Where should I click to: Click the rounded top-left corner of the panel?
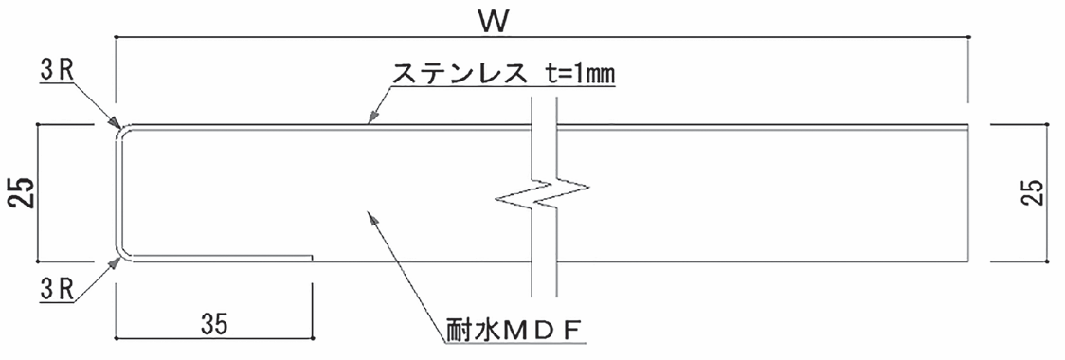(x=119, y=130)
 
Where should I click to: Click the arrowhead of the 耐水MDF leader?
(x=369, y=215)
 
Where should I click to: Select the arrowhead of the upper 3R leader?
(x=117, y=126)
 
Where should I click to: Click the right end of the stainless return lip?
(x=312, y=256)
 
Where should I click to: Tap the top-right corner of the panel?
(x=973, y=126)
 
